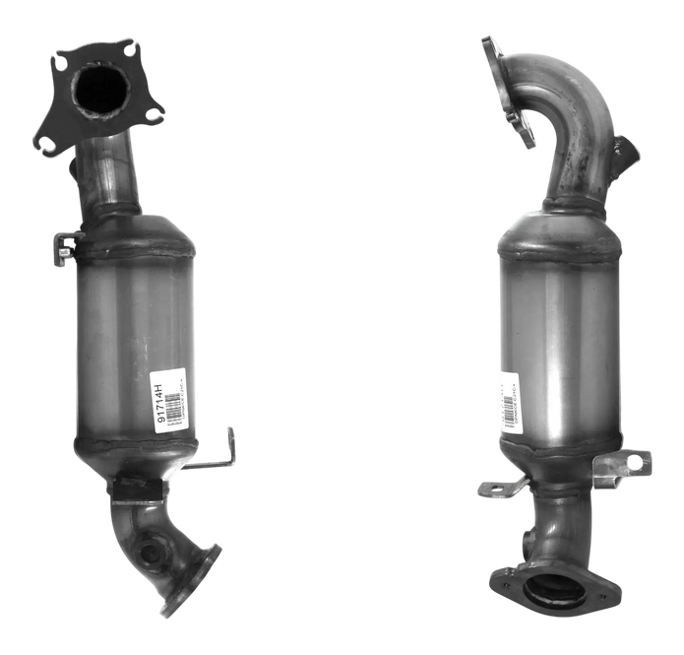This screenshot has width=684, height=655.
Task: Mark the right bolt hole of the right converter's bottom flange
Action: coord(603,595)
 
